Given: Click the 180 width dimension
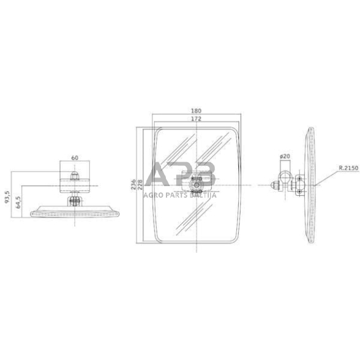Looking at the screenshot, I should [x=195, y=111].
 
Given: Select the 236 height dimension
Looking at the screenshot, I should [x=133, y=184].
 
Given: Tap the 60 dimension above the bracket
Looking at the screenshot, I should [x=75, y=158].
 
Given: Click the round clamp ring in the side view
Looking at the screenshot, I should [x=285, y=184].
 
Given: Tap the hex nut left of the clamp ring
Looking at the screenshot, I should [x=274, y=184].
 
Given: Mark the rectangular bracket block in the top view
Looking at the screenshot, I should [x=75, y=184].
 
